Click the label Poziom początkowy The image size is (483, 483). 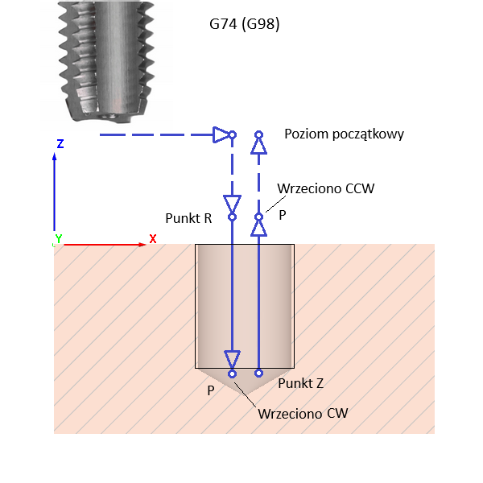tap(344, 134)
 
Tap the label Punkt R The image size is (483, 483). tap(188, 218)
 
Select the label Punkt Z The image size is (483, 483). tap(300, 384)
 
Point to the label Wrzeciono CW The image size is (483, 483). tap(302, 415)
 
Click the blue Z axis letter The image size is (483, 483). tap(60, 144)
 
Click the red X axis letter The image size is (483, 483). tap(152, 239)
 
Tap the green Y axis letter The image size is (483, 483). tap(58, 239)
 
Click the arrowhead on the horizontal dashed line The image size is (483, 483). tap(221, 134)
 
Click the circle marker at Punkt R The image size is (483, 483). tap(232, 217)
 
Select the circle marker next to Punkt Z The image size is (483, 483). tap(259, 373)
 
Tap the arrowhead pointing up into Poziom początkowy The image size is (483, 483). tap(258, 145)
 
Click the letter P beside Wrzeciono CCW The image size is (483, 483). tap(282, 216)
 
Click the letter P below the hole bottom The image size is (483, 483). tap(210, 390)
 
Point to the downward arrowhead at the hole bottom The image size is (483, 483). tap(232, 358)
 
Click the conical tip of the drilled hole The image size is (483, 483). tap(245, 382)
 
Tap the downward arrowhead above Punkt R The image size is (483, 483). tap(232, 201)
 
